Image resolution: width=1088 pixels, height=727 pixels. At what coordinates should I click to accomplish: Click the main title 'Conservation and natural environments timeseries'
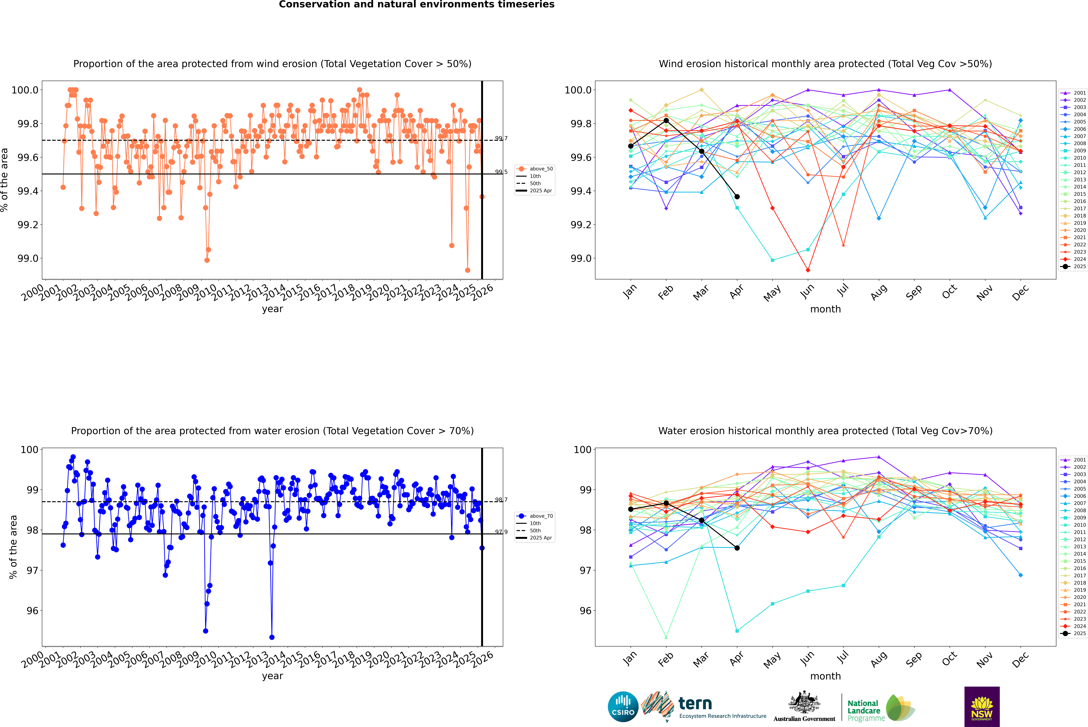pos(416,5)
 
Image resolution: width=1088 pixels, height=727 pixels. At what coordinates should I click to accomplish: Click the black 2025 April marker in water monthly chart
pos(737,548)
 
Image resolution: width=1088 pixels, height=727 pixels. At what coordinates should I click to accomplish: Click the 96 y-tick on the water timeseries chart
pos(32,611)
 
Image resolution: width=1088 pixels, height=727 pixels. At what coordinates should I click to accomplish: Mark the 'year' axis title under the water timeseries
pos(272,676)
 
